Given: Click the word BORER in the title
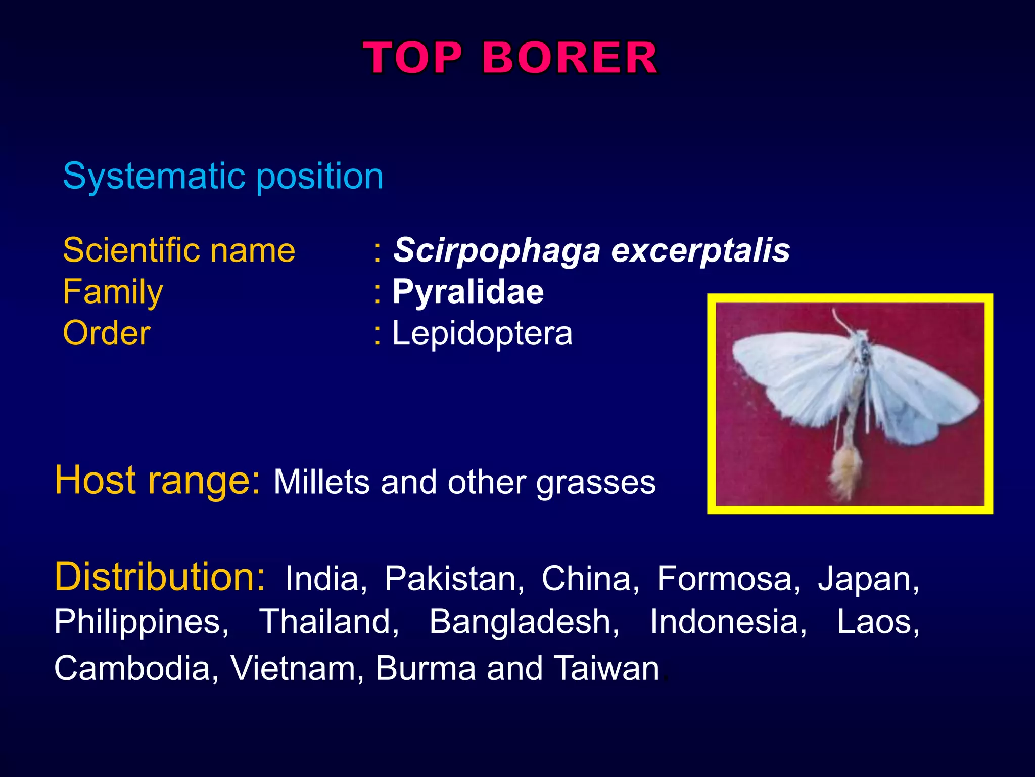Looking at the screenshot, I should tap(570, 58).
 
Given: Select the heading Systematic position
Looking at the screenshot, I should tap(223, 177).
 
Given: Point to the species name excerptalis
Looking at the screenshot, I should tap(700, 250).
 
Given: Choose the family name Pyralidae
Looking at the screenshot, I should tap(468, 292).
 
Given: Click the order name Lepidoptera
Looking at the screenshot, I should tap(482, 333).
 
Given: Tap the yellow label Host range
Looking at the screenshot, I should tap(158, 480).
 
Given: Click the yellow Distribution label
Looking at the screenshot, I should tap(160, 577).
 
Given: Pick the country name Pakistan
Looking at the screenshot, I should tap(454, 579).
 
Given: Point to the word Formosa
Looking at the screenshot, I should tap(728, 579).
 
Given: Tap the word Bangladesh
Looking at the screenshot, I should tap(524, 622).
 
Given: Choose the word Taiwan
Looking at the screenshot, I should tap(606, 668).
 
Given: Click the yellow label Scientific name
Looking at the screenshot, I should tap(179, 250).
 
